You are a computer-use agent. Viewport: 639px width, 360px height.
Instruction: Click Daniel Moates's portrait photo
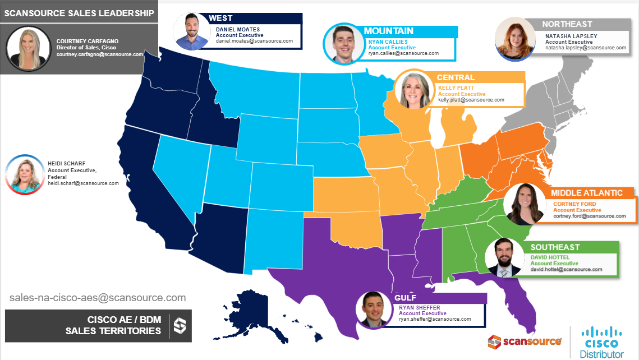(x=191, y=31)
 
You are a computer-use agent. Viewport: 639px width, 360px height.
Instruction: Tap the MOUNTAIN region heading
(x=388, y=31)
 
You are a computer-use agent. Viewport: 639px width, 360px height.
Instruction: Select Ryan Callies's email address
(x=403, y=54)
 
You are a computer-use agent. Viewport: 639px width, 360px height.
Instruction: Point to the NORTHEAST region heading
(x=567, y=25)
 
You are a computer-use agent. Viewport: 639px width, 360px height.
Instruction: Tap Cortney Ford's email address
(x=589, y=216)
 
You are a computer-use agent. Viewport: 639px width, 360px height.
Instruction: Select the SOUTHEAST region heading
(x=555, y=247)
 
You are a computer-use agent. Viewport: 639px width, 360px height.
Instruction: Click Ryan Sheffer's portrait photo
(x=375, y=310)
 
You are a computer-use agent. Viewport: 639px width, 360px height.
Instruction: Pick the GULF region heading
(x=405, y=298)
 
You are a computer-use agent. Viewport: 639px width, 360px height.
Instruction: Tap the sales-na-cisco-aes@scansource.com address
(x=98, y=298)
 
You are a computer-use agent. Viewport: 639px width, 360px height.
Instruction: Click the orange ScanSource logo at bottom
(x=525, y=341)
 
